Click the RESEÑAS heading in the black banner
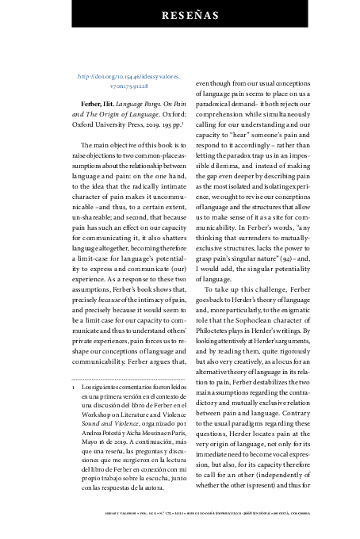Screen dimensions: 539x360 [x=180, y=14]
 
